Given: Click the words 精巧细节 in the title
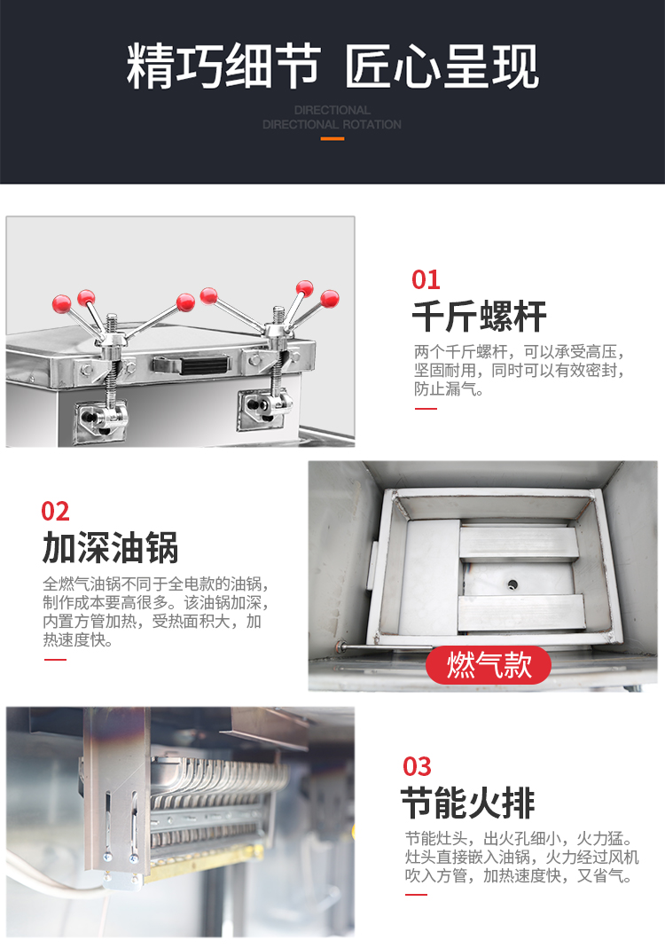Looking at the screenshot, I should (x=223, y=68).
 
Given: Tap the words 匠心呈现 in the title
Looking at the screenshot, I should (x=441, y=68).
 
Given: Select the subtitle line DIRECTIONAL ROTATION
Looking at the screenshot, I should (x=332, y=125).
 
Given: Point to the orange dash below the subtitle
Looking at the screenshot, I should (x=332, y=138).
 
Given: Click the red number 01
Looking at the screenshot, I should (x=426, y=280).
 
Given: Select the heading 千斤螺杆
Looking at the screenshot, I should (x=479, y=317).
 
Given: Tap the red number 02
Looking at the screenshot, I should (x=55, y=512).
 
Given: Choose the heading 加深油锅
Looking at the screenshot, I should (x=110, y=548).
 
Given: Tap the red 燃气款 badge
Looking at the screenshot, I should (x=489, y=665).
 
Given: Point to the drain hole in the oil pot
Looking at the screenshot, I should (x=512, y=584).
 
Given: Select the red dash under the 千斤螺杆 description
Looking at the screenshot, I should (x=426, y=409).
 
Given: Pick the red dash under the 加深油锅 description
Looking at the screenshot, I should (x=55, y=659).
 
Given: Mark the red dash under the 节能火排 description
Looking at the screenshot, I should (x=416, y=894).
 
